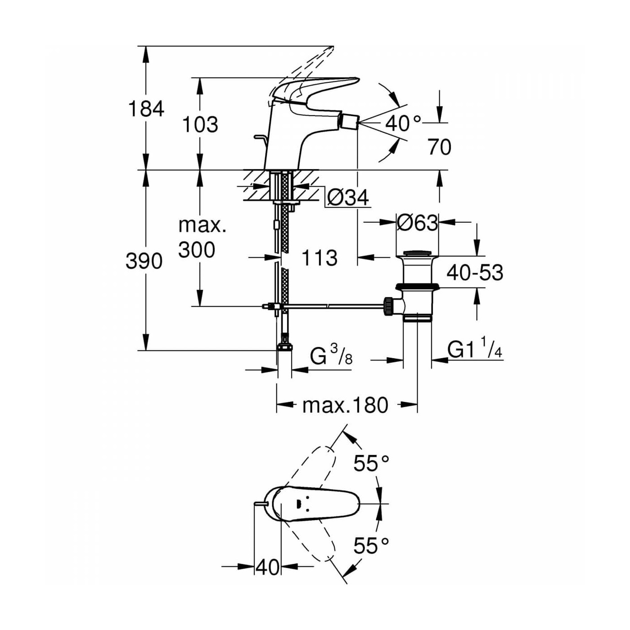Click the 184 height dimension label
146,109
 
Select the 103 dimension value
200,125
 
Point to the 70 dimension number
439,147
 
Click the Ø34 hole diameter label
348,197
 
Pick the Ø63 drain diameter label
417,222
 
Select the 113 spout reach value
319,258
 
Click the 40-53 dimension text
475,273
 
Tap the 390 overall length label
144,261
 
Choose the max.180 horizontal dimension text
345,405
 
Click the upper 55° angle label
371,463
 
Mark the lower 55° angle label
371,546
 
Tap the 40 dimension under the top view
267,567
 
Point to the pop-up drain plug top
417,253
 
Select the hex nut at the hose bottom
284,346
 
